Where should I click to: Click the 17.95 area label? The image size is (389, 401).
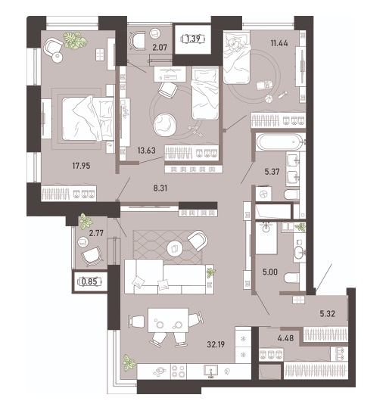click(81, 166)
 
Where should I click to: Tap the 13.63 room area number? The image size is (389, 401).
click(146, 151)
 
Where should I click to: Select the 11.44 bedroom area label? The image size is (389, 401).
click(279, 43)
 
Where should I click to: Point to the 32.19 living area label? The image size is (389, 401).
click(216, 344)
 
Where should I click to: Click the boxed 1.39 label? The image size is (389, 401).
click(193, 39)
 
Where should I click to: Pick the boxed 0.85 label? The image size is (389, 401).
click(89, 281)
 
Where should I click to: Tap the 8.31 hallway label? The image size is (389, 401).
click(160, 188)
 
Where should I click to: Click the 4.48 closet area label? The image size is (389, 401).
click(285, 338)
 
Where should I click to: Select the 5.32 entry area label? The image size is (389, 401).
click(328, 313)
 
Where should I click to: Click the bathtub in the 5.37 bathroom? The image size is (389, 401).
click(280, 142)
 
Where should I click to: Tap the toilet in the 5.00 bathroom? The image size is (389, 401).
click(291, 278)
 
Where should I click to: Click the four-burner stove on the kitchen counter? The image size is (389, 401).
click(179, 371)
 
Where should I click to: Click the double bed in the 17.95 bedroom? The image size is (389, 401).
click(88, 119)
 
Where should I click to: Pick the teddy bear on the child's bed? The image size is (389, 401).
click(234, 43)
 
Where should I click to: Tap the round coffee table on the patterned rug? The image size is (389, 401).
click(175, 248)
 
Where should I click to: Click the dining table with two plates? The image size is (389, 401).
click(168, 321)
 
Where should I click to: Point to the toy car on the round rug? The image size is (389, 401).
click(264, 84)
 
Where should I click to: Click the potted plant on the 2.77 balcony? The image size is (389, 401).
click(86, 221)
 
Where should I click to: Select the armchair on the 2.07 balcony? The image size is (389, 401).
click(138, 40)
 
